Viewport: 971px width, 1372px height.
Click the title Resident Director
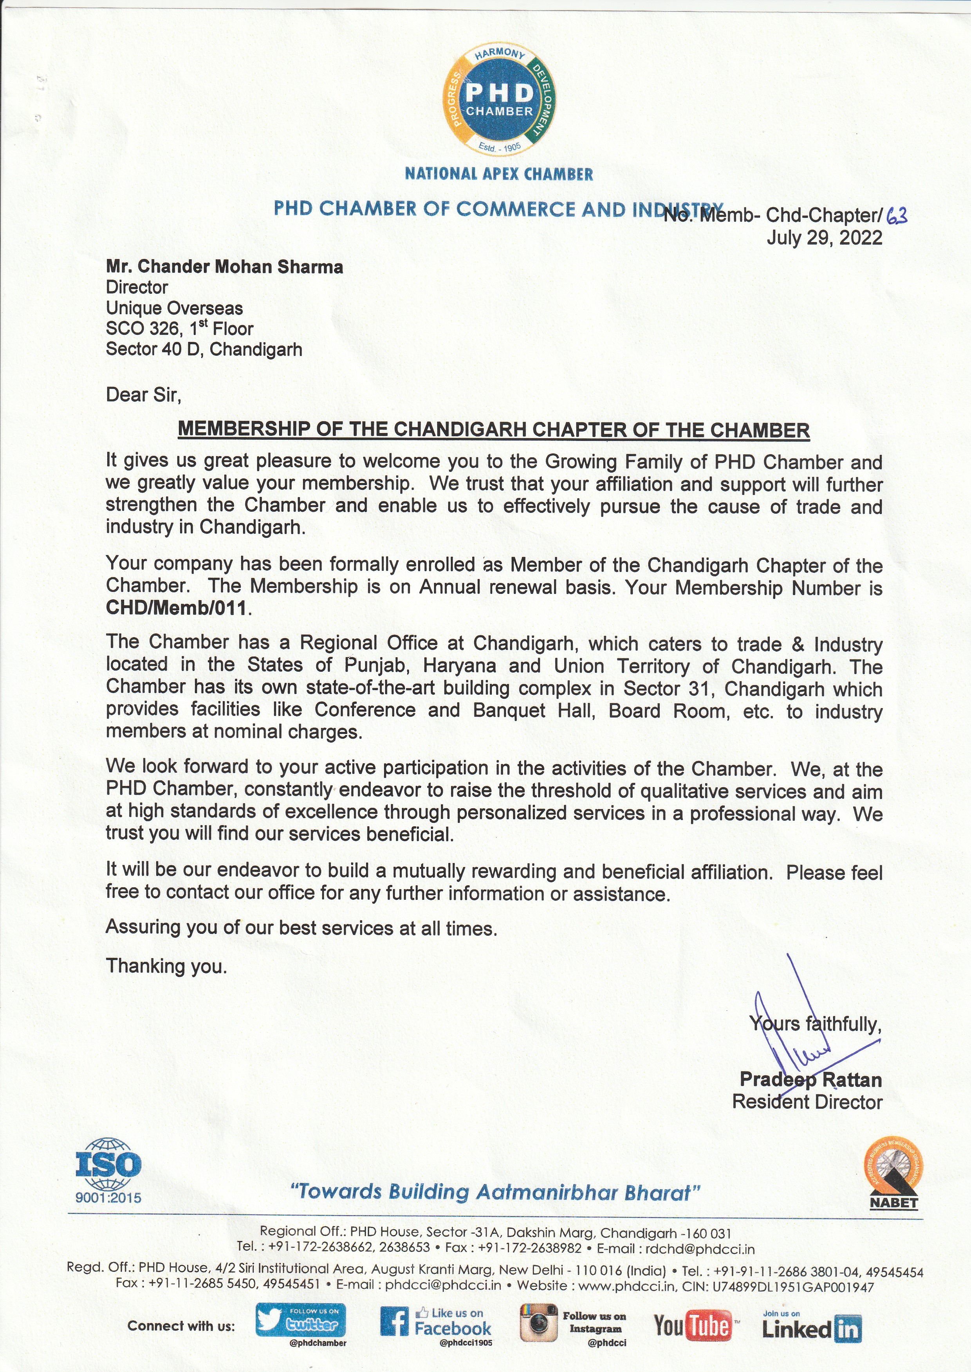tap(807, 1102)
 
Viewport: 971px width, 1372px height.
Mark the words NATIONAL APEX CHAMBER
tap(499, 174)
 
